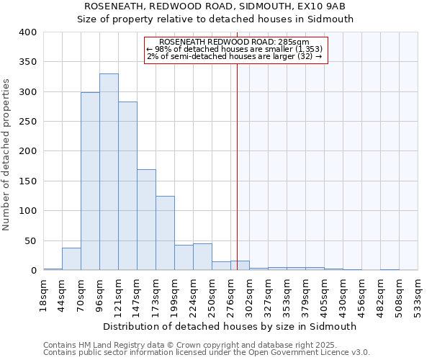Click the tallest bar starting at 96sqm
pos(109,172)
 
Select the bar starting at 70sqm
pos(90,181)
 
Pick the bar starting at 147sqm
pos(146,220)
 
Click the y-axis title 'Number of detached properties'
pos(6,151)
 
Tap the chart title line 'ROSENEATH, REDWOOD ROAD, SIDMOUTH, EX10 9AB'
pos(215,6)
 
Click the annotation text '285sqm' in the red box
pos(297,42)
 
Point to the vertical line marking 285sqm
pos(237,158)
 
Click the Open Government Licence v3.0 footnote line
pos(207,353)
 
